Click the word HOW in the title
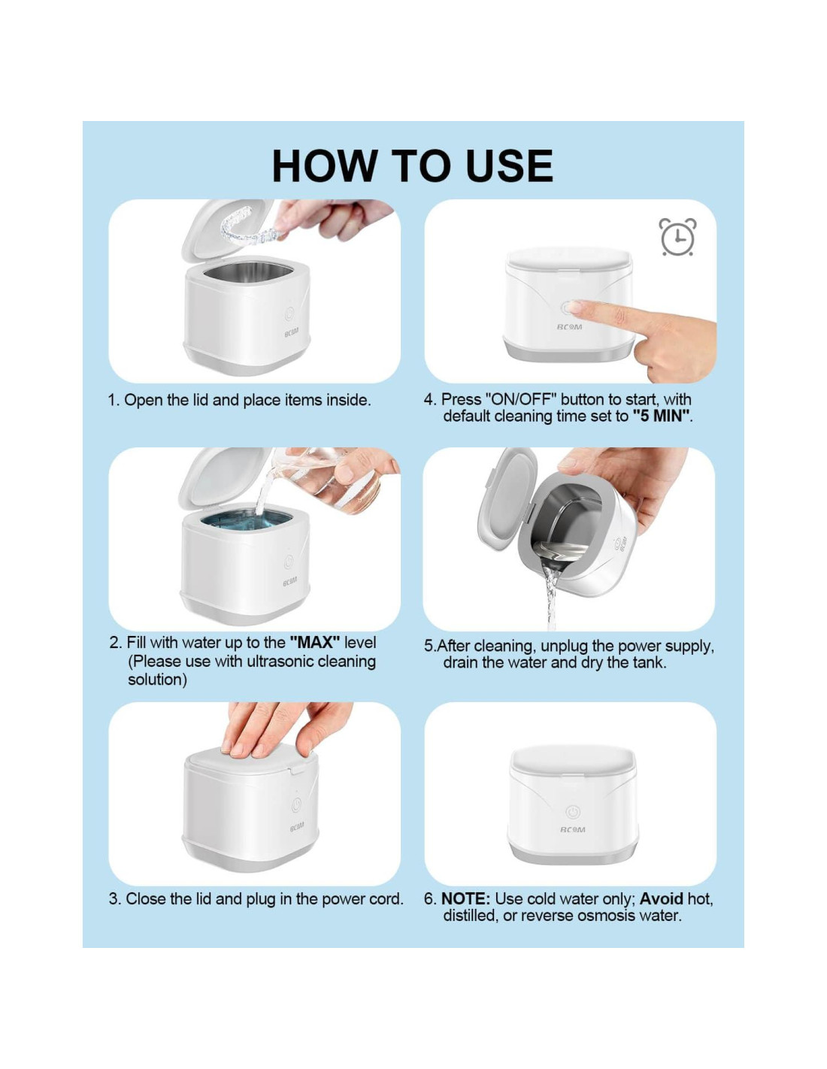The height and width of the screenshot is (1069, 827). click(323, 166)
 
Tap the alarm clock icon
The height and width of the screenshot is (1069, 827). click(677, 237)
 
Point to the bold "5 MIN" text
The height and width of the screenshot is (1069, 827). click(660, 416)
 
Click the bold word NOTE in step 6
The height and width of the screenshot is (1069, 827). click(465, 898)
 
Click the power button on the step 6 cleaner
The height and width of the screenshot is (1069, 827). click(573, 812)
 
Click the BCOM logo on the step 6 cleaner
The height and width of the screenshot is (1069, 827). click(572, 829)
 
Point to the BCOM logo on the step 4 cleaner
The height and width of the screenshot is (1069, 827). click(569, 326)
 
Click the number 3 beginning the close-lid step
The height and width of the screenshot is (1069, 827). click(114, 899)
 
